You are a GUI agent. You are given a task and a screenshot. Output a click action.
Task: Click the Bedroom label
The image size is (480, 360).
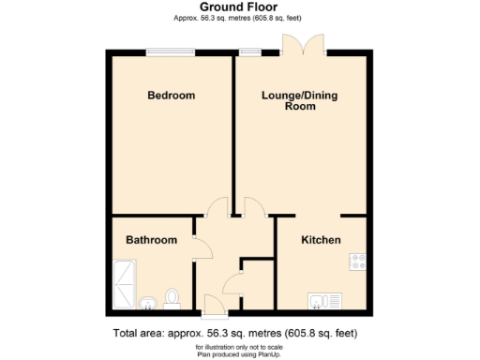pos(172,96)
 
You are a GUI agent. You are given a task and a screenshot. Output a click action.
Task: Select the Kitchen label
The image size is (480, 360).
pos(321,241)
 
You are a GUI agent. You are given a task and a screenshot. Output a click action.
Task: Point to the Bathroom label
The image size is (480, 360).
pos(152,241)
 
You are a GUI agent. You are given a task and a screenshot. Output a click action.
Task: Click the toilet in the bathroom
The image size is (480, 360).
pos(172,298)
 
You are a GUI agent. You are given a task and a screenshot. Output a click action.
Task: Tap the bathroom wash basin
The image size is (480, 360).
pos(147,303)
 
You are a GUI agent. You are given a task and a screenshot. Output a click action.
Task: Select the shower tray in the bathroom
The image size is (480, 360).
pos(123,286)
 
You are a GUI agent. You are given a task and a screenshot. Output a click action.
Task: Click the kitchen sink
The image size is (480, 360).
pos(322,301)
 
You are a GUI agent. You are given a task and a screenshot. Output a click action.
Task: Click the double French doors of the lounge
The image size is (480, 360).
pos(305,43)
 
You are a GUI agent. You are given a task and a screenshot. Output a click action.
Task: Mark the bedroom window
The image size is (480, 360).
pos(171,52)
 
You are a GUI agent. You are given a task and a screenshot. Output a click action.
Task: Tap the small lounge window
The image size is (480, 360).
pos(249,52)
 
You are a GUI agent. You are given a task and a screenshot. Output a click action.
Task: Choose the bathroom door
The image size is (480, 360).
pos(200,246)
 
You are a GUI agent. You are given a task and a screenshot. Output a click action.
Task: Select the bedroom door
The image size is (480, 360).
pos(217,207)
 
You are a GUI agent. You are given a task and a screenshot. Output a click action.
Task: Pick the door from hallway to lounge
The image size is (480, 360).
pos(251,207)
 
